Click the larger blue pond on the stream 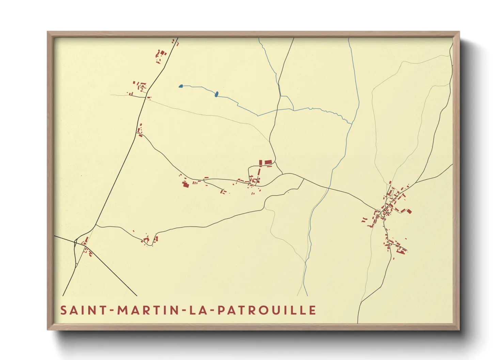[216, 94]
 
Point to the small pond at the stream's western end [181, 86]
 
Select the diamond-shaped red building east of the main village [409, 211]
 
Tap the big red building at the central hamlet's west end [186, 184]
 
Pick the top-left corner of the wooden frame [48, 32]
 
